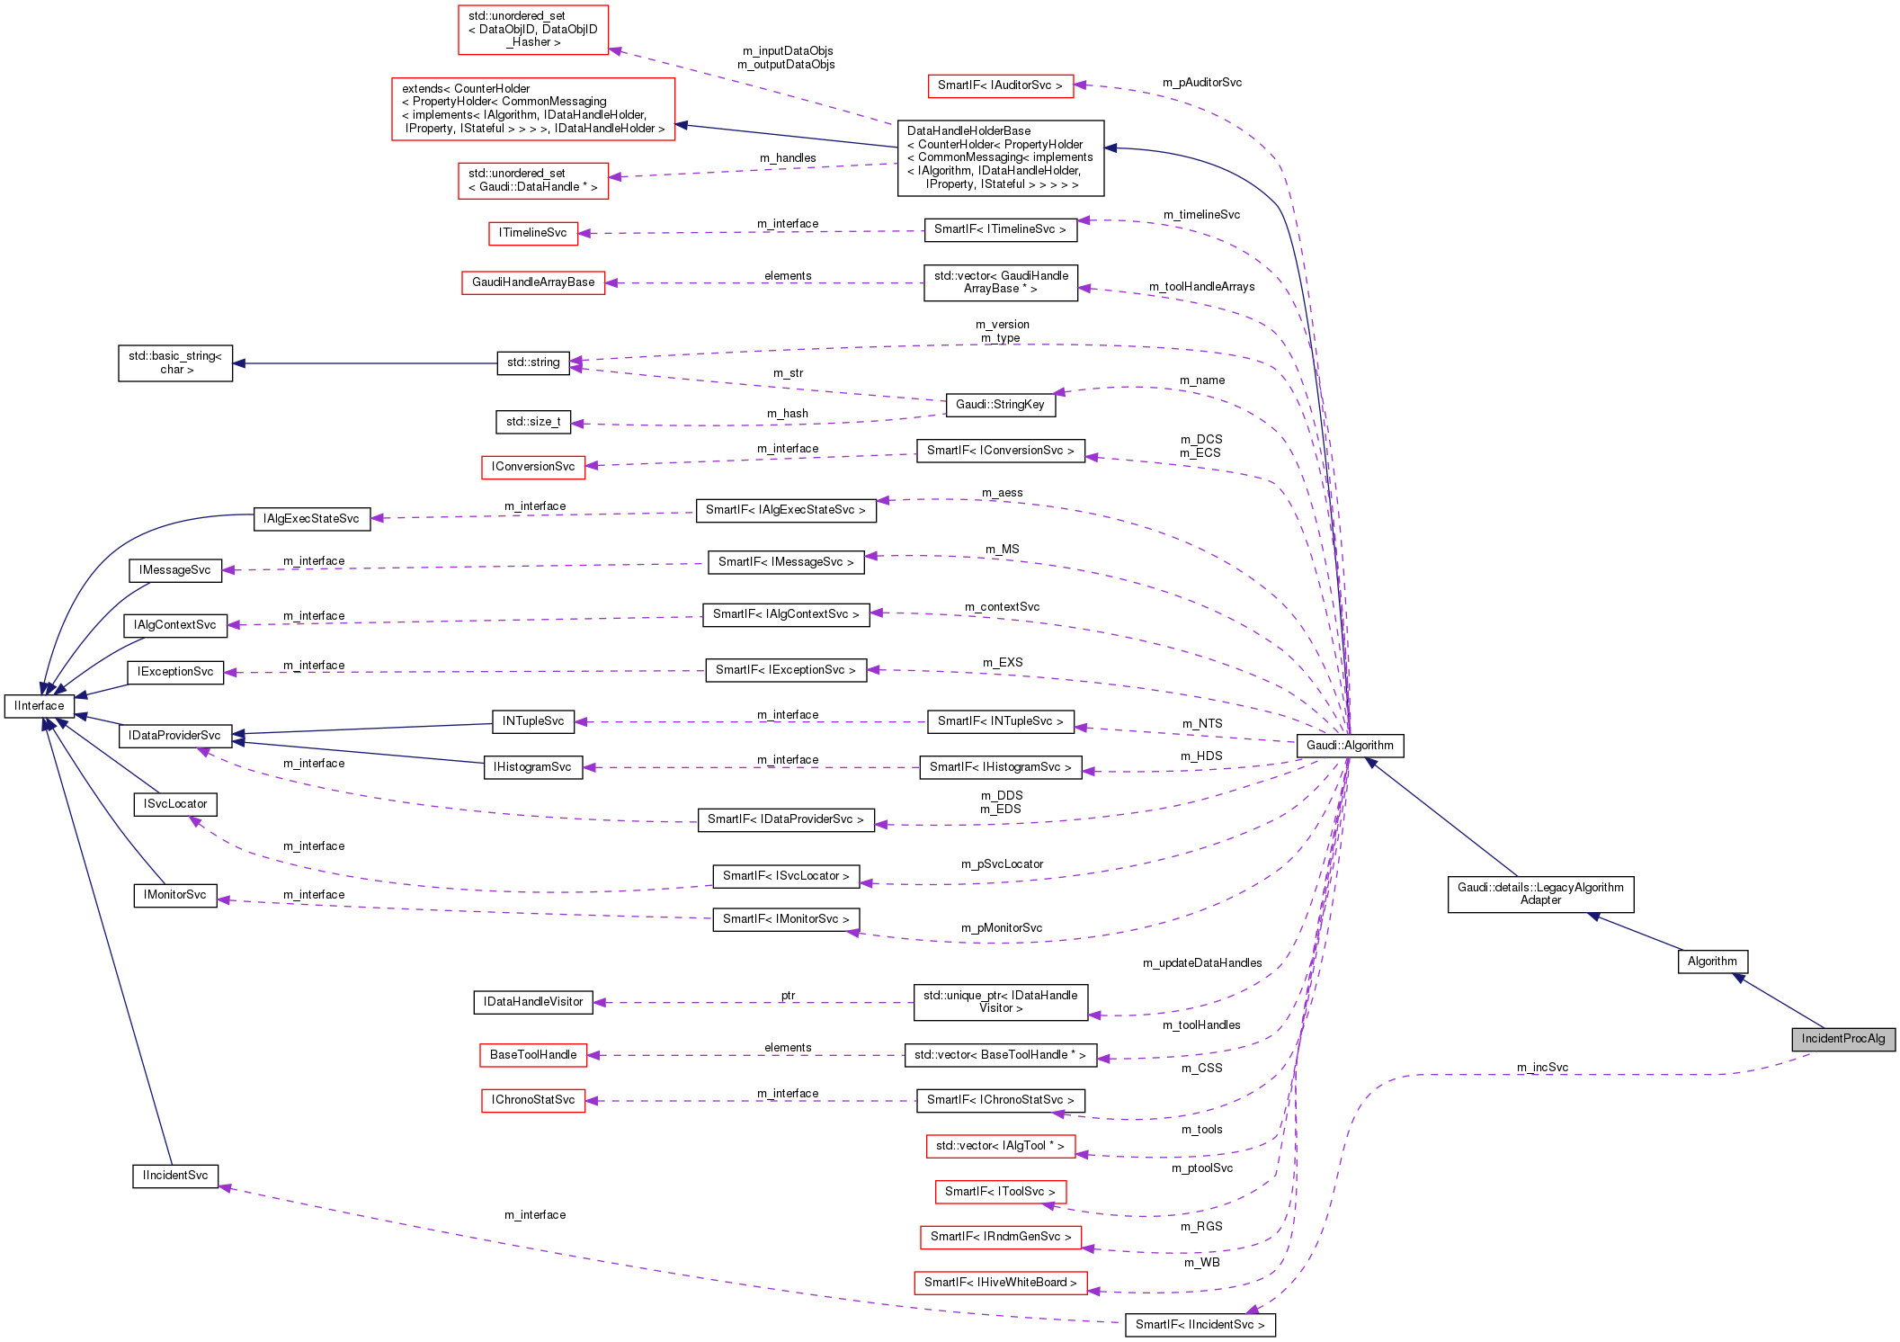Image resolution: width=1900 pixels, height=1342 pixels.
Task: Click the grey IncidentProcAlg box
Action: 1842,1039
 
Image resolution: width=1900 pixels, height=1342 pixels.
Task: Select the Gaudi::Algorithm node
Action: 1350,745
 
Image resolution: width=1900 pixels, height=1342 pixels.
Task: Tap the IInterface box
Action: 40,706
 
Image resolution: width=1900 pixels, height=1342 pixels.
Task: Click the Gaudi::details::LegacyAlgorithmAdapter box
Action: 1540,894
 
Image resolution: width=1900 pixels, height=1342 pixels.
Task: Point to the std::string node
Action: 533,362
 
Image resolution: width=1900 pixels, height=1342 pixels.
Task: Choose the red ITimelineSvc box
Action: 533,233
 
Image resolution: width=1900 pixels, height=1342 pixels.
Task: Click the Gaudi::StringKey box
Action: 1000,405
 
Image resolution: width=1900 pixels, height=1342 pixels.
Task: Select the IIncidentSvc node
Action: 175,1176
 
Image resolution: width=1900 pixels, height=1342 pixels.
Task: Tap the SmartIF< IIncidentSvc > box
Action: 1200,1324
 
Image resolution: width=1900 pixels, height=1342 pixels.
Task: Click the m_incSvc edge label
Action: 1542,1068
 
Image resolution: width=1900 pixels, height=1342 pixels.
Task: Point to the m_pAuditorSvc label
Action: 1201,83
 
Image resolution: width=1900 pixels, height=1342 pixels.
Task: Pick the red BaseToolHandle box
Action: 533,1055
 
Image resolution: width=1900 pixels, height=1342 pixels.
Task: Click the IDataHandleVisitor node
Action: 533,1002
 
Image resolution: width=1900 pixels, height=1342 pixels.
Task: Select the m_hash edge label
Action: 787,414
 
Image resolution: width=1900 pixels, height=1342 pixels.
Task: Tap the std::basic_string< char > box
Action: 175,362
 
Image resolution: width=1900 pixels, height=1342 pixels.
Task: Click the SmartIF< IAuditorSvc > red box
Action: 1000,85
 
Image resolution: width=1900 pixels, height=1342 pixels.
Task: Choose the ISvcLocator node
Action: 175,804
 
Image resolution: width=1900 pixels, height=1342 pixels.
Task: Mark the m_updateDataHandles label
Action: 1201,963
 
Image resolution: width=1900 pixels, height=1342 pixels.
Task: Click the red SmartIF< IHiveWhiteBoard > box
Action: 1000,1283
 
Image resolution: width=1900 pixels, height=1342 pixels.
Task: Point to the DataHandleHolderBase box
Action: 1000,157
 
